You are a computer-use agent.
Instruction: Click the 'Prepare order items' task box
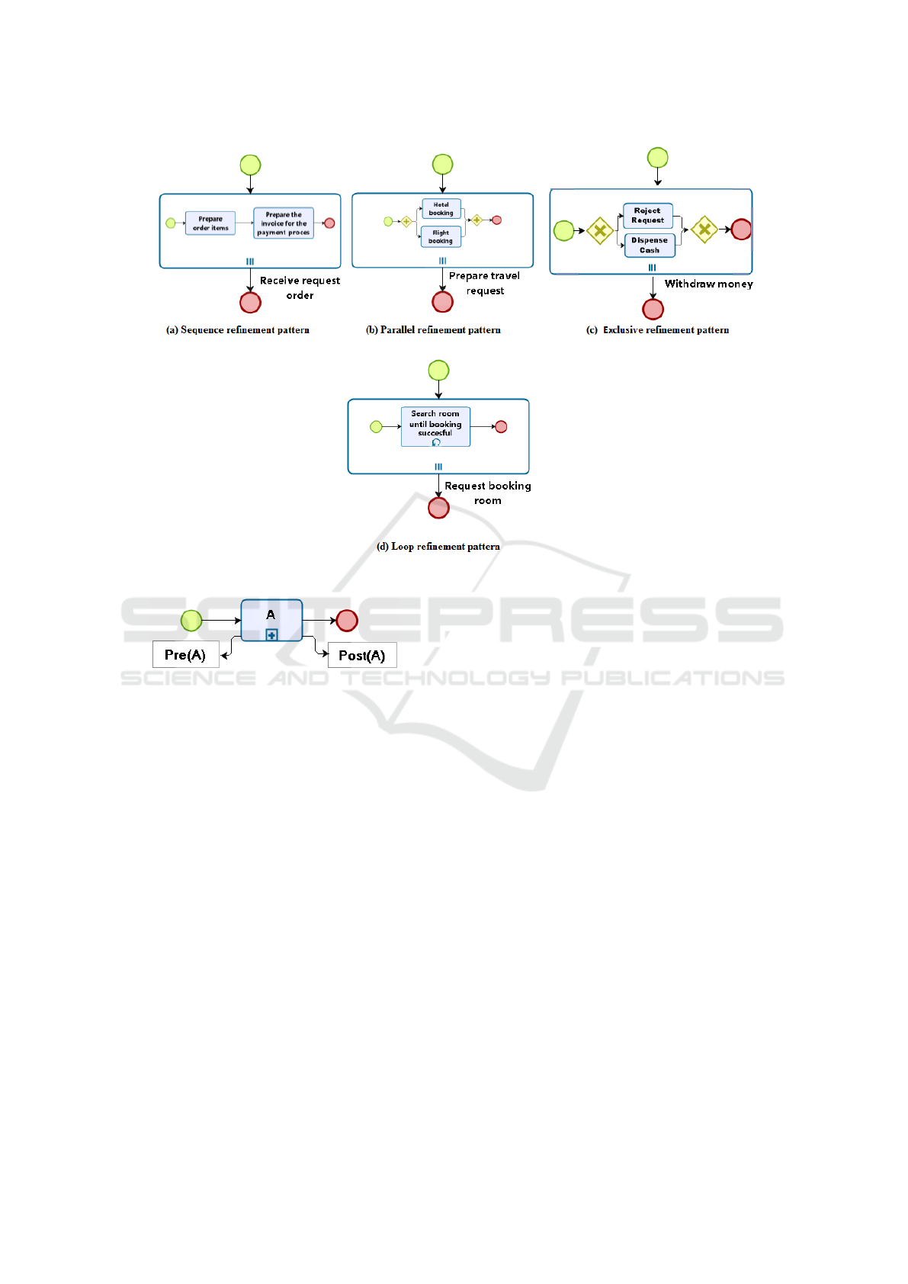pos(210,223)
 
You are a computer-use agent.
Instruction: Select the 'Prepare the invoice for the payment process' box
pos(284,223)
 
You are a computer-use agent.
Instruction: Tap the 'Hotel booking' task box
pos(441,209)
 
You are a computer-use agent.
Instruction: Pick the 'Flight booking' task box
pos(441,237)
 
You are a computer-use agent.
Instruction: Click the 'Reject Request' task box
pos(648,216)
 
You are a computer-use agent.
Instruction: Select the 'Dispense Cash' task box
pos(650,245)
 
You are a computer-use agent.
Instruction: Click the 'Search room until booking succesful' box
pos(435,426)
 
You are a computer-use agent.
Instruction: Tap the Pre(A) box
pos(185,654)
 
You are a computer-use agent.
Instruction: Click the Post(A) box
pos(362,655)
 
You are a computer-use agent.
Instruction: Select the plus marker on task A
pos(271,634)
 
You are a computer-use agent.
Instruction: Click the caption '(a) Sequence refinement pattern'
pos(238,330)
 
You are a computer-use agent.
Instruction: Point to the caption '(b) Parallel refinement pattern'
pos(433,330)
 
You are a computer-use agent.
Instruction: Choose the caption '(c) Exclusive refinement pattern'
pos(657,330)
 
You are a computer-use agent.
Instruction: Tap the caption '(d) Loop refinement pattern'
pos(438,547)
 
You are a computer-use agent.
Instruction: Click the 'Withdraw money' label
pos(708,284)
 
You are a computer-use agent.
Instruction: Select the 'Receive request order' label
pos(300,287)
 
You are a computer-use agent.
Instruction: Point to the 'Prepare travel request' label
pos(485,283)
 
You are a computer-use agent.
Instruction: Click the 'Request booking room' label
pos(488,493)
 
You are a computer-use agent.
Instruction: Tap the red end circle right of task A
pos(347,621)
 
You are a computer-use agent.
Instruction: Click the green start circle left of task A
pos(191,621)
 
